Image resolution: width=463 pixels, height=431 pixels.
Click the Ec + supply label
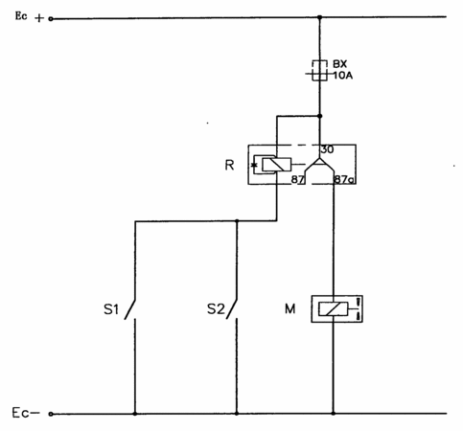30,16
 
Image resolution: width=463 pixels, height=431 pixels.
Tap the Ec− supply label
26,413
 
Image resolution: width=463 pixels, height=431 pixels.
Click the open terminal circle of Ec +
51,19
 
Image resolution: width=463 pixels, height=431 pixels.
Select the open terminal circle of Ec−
51,414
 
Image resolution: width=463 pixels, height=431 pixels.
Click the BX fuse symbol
319,70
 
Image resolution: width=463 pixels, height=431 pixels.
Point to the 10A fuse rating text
343,76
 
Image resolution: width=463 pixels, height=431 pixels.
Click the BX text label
339,64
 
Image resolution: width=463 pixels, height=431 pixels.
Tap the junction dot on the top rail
319,17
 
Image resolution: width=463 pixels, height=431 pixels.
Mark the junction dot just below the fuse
319,116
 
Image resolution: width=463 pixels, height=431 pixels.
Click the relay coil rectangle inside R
276,165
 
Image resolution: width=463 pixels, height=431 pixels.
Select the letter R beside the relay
229,165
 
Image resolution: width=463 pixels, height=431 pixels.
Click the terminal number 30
327,149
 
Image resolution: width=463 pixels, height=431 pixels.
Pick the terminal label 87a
344,180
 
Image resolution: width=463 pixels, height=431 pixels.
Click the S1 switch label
111,309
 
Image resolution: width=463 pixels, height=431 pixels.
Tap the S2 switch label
216,309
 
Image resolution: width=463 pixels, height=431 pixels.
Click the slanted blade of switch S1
130,308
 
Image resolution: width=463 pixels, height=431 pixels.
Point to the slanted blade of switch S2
232,308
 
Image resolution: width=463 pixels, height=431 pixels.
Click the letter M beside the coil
290,308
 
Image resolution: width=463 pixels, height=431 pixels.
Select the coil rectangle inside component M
333,309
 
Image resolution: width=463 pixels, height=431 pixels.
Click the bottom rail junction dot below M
334,413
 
